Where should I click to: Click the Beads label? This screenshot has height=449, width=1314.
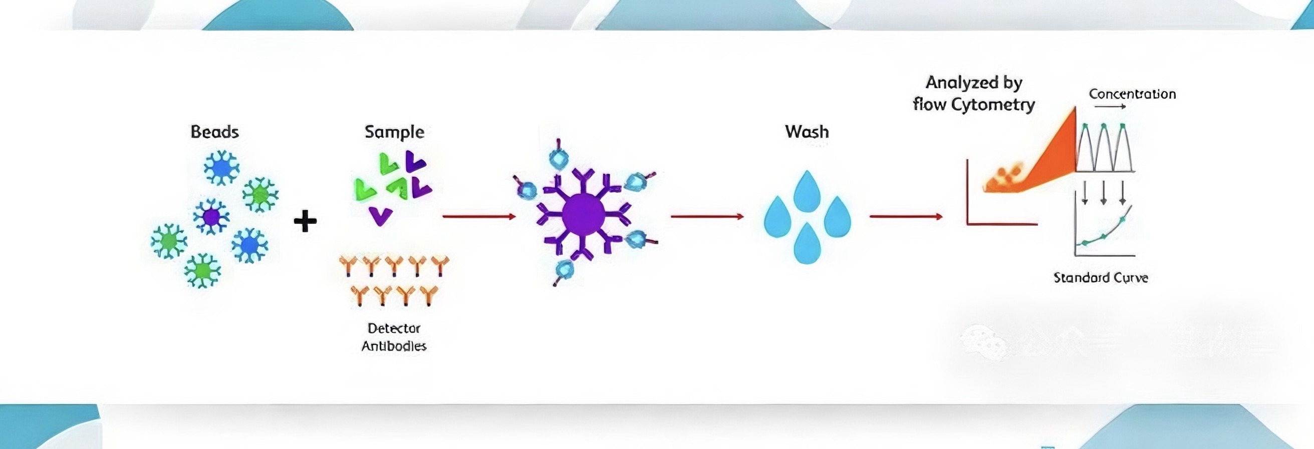click(x=215, y=132)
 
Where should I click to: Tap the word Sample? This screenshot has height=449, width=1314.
click(x=394, y=132)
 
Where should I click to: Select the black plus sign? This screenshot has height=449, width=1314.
click(x=305, y=221)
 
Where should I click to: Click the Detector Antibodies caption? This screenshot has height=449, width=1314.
click(x=394, y=337)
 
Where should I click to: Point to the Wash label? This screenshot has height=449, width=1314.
click(x=807, y=132)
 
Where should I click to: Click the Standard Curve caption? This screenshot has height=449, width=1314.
click(x=1101, y=278)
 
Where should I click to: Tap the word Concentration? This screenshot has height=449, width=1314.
click(x=1133, y=94)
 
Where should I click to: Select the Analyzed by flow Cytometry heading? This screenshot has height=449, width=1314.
click(x=974, y=93)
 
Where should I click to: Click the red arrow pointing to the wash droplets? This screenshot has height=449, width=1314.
click(x=707, y=217)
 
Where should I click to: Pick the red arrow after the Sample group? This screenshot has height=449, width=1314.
click(x=479, y=217)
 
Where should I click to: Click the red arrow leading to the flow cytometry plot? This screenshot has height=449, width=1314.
click(x=906, y=217)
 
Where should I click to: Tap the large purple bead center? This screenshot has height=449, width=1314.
click(x=584, y=215)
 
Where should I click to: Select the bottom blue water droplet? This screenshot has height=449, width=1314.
click(x=807, y=244)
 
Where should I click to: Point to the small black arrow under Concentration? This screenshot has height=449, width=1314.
click(x=1110, y=107)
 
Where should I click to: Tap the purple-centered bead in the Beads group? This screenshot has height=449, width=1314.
click(x=211, y=217)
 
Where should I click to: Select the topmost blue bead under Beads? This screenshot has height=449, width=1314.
click(x=221, y=168)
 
